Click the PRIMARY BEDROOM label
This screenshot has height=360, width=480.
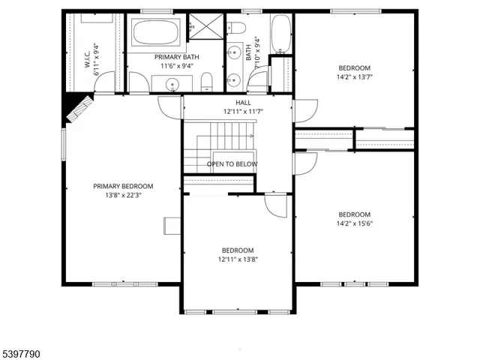(x=123, y=186)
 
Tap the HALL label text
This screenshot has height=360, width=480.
(x=243, y=103)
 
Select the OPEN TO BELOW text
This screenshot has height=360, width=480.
(x=232, y=164)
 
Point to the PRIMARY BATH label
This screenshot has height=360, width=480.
(x=176, y=57)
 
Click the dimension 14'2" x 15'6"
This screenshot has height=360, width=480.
(x=354, y=223)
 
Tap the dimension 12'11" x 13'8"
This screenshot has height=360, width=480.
(x=237, y=259)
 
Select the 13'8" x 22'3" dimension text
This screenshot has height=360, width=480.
(x=123, y=195)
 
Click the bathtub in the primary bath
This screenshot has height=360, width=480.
(x=156, y=33)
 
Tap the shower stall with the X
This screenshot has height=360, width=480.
(x=200, y=26)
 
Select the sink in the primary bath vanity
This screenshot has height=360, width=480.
(x=173, y=84)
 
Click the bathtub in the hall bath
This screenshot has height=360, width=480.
(x=280, y=34)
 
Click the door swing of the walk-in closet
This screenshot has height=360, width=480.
(x=109, y=81)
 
